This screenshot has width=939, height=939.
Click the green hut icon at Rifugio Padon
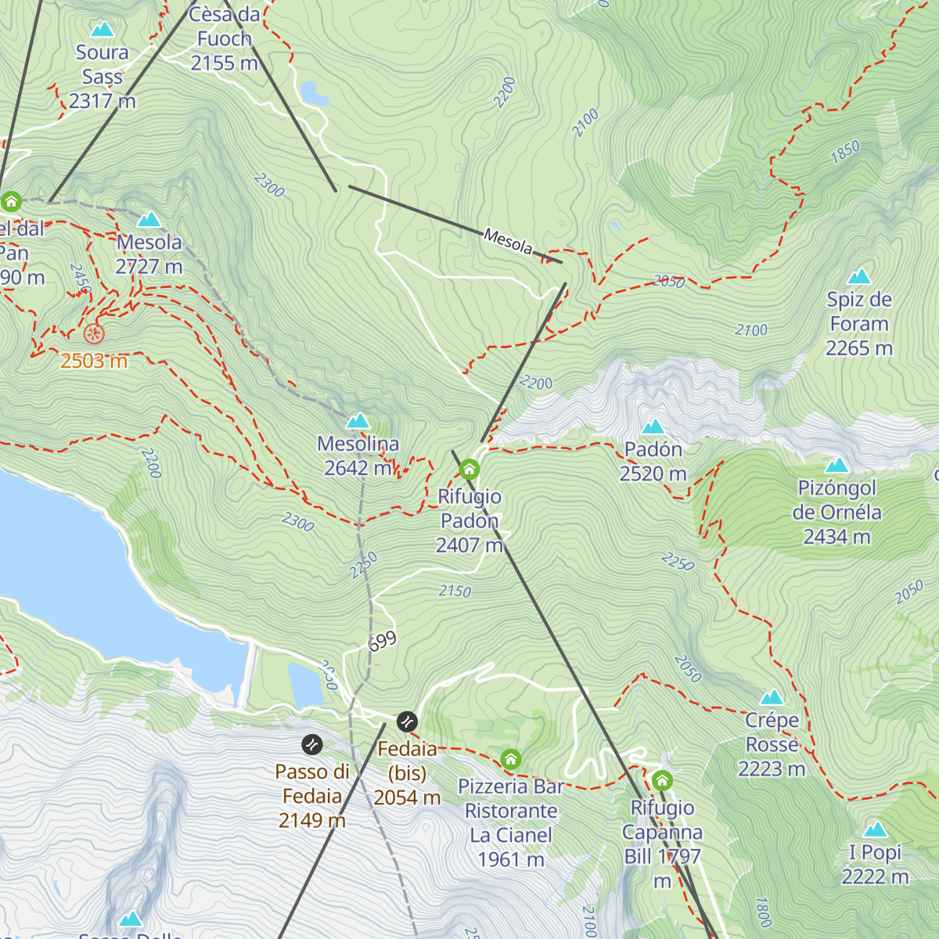coord(469,469)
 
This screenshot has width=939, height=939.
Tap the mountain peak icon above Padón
coord(653,426)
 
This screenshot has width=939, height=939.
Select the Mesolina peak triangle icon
coord(358,421)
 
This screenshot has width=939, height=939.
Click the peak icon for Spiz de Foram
coord(859,277)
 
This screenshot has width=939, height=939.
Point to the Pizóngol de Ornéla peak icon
coord(836,466)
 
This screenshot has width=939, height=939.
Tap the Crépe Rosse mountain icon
coord(772,697)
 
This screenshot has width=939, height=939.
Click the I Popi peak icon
coord(875,829)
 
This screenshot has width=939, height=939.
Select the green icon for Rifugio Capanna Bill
coord(662,781)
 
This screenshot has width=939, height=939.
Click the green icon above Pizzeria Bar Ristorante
coord(511,759)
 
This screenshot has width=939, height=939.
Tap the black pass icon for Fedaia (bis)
coord(407,721)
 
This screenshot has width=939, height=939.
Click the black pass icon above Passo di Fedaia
coord(311,744)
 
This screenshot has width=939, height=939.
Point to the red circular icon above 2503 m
coord(94,334)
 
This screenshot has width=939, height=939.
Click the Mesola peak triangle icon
coord(149,219)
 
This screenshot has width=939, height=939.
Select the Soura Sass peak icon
coord(102,30)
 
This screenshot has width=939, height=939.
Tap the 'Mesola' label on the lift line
coord(508,242)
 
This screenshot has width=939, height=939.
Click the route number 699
coord(383,641)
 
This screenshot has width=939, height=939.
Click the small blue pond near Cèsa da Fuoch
coord(315,93)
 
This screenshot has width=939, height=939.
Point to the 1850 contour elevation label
coord(845,151)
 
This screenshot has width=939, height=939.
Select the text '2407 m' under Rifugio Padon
coord(469,545)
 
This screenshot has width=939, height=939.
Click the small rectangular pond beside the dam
coord(305,684)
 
